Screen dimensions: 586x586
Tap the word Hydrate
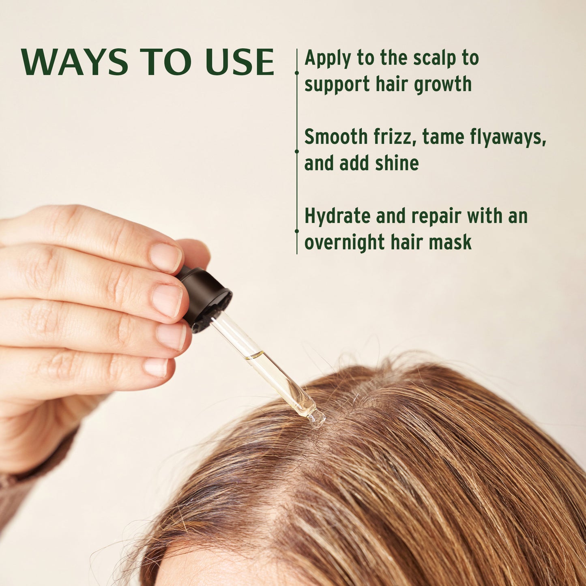(x=337, y=216)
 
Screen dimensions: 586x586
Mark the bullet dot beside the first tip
(x=297, y=73)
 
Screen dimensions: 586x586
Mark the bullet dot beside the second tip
(x=297, y=151)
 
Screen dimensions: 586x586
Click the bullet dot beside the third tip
(x=297, y=231)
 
